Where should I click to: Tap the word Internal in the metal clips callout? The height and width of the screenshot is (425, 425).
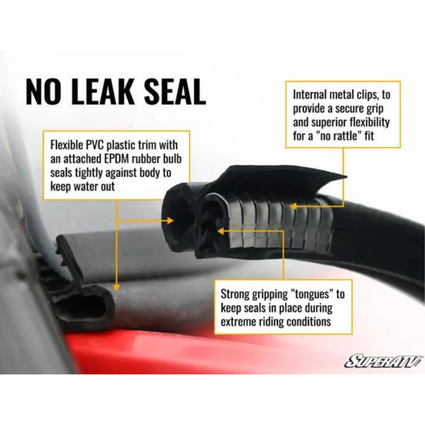pos(310,95)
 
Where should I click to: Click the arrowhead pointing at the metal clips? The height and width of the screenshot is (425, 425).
pos(294,207)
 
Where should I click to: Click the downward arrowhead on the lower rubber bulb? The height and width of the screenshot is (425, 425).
pos(116,287)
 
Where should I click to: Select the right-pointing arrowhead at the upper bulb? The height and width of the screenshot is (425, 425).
pos(170,221)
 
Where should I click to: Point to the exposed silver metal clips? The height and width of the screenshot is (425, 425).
pos(277,222)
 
